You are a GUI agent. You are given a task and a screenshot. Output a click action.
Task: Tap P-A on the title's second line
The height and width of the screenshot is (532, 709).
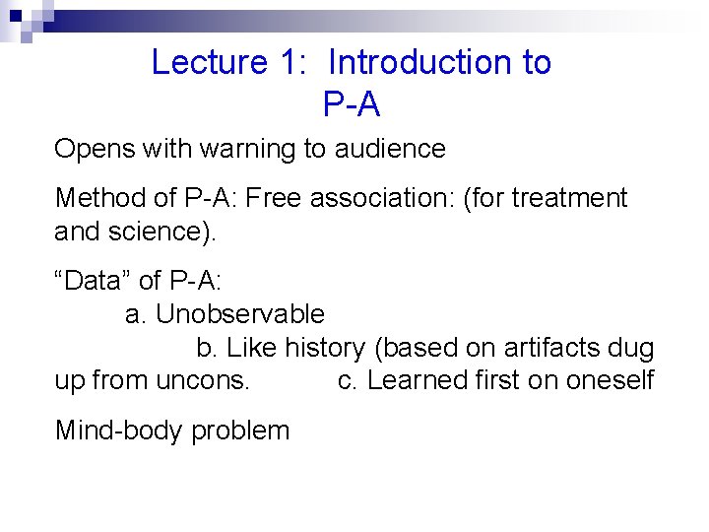(x=351, y=103)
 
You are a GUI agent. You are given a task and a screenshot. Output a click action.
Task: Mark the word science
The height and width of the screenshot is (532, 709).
(x=155, y=233)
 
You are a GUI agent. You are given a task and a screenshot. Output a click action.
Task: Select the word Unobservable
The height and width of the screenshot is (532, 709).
(x=240, y=314)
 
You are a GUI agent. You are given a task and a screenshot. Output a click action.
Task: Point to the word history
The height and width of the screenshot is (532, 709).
(x=327, y=348)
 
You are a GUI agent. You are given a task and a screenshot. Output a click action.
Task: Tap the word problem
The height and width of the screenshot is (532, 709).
(x=241, y=432)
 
